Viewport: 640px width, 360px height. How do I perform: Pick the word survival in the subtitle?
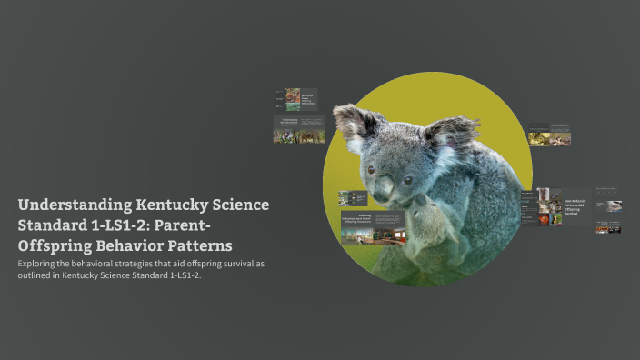[x=226, y=264]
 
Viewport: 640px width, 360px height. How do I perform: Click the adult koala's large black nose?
[x=385, y=187]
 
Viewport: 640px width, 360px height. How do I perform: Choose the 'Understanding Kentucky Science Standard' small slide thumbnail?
[x=299, y=129]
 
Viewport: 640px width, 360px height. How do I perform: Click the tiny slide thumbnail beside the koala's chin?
[x=352, y=197]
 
